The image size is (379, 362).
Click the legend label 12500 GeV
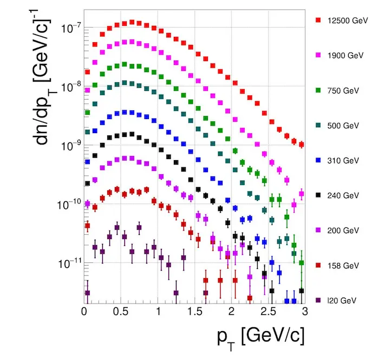348,21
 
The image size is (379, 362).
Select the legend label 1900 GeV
345,56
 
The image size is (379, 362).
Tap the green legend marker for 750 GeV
318,90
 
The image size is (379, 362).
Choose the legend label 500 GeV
343,126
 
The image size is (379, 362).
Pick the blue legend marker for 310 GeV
318,160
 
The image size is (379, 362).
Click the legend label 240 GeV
343,195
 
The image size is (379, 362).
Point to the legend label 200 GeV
343,231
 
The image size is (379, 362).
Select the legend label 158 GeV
343,266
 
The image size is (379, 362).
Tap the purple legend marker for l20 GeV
318,300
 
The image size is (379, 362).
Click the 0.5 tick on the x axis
121,312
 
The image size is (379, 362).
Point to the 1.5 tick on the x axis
195,312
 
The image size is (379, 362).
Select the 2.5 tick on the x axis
269,312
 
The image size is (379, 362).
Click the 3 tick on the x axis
305,312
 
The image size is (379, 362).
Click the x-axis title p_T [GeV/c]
260,337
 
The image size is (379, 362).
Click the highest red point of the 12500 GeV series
132,22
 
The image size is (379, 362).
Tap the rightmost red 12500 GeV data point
301,144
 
